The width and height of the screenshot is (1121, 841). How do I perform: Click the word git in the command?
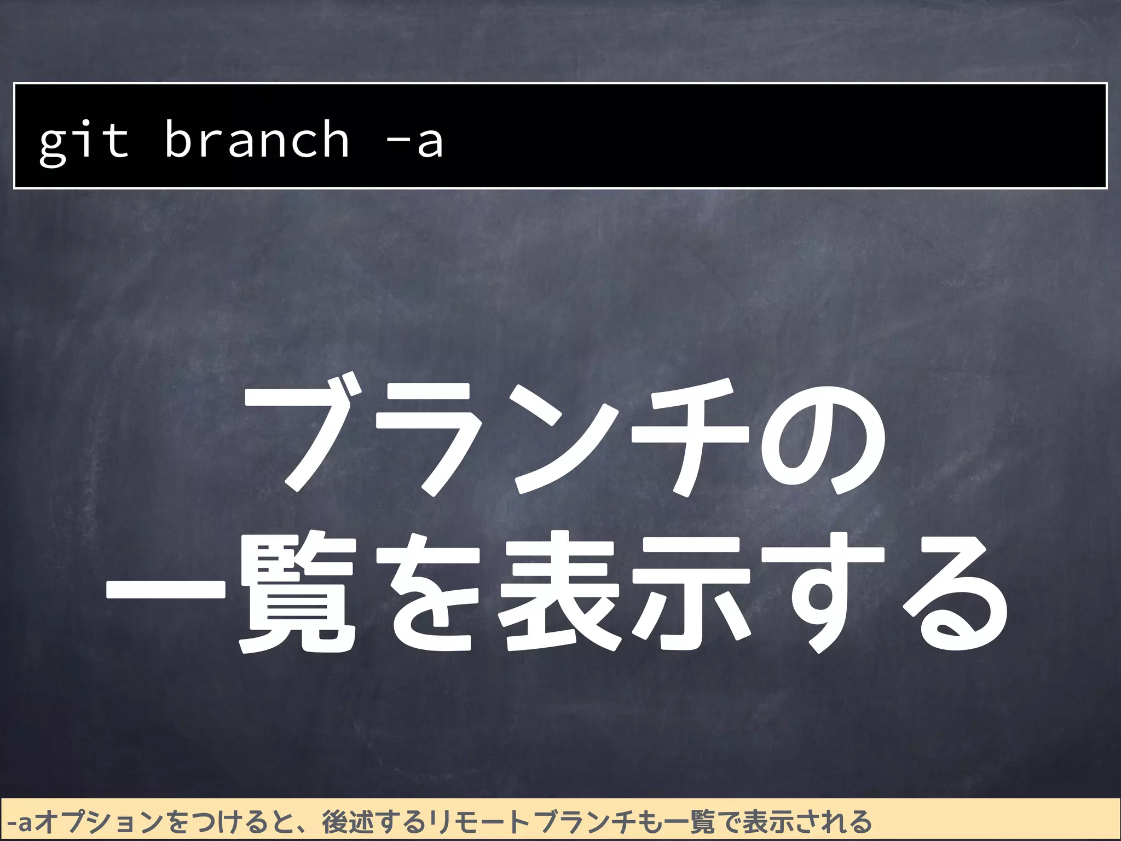[84, 141]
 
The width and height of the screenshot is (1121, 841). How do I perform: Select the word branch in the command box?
[256, 140]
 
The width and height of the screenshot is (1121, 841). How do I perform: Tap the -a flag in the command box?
[414, 141]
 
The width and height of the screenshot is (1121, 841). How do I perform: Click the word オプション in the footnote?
[100, 822]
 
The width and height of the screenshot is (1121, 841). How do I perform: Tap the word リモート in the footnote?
[479, 822]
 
